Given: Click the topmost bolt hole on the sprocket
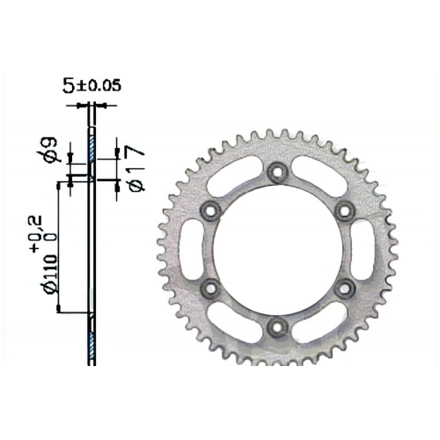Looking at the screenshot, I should tap(276, 171).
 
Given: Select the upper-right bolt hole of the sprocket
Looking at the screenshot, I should tap(344, 209).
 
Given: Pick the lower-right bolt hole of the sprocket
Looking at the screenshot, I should tap(344, 287).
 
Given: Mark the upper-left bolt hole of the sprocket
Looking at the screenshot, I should tap(209, 209).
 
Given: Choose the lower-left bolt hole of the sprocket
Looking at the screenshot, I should tap(209, 287).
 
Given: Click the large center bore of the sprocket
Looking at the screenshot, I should tap(276, 248).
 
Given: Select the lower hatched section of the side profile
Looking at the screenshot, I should tap(91, 339).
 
